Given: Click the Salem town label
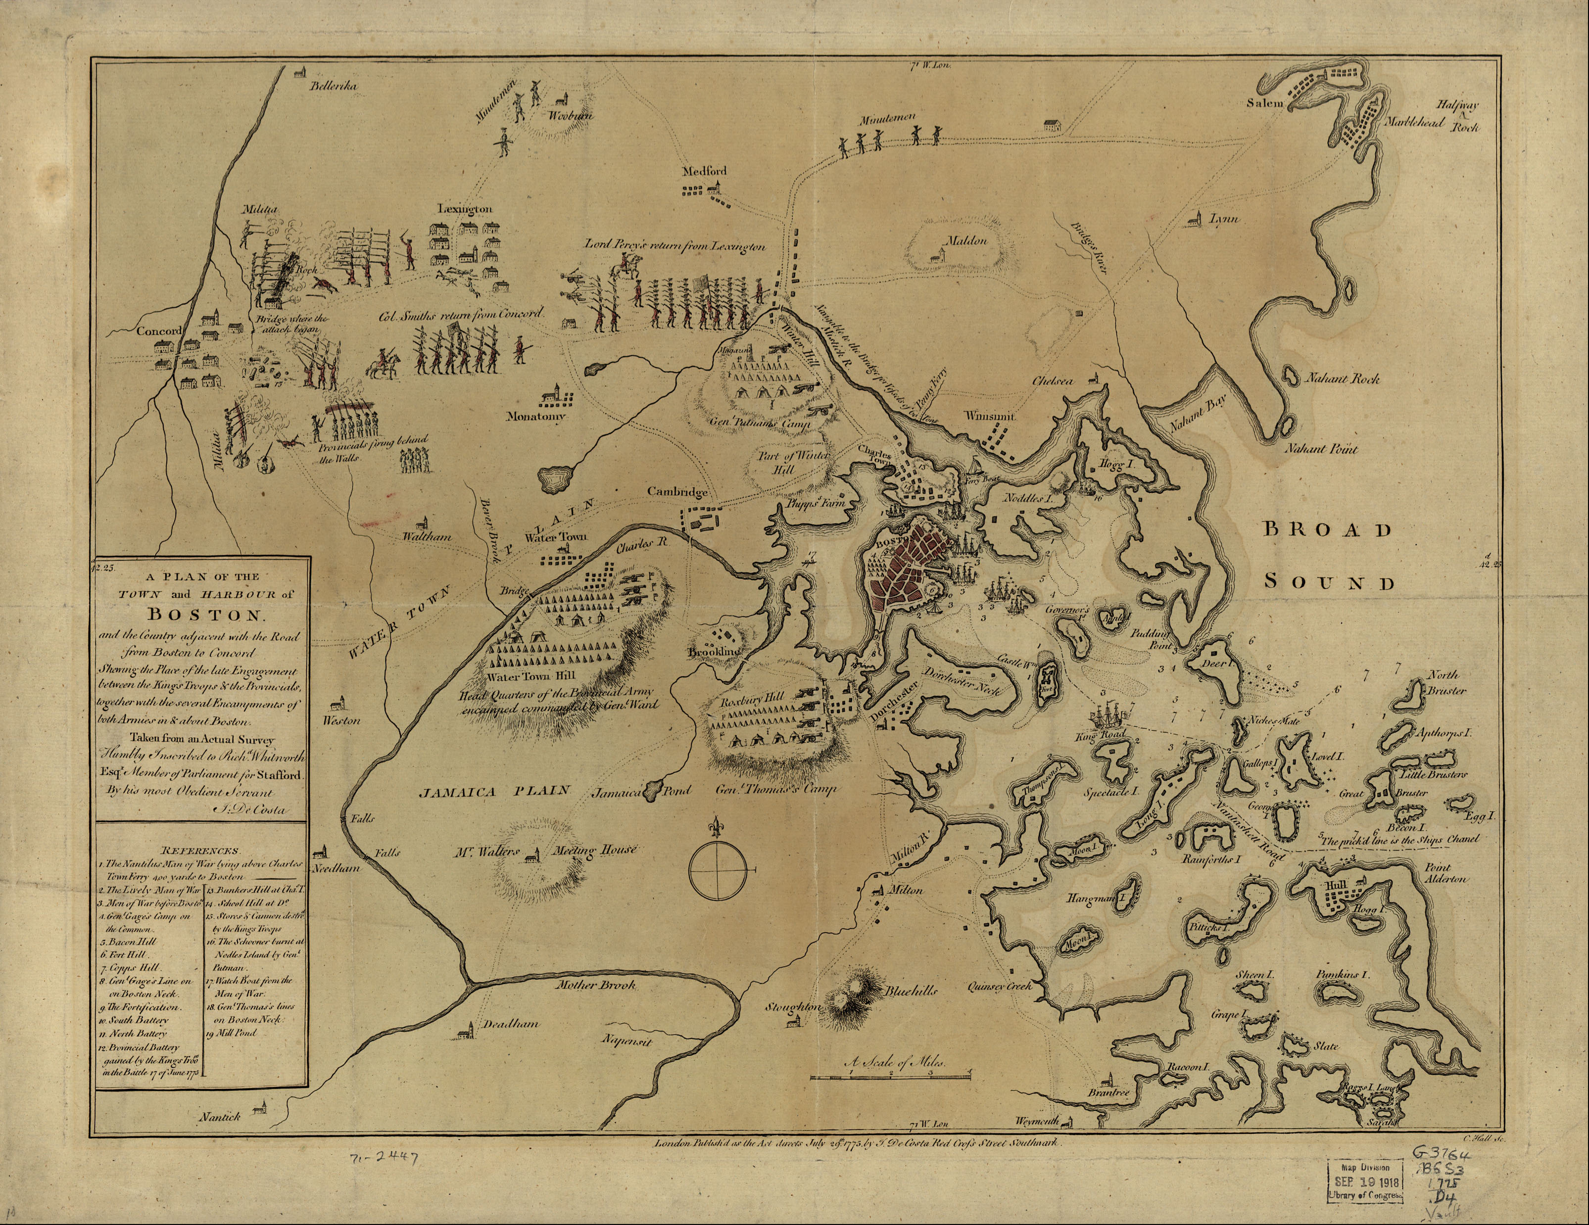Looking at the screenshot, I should [1262, 103].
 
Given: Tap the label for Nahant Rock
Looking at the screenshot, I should [1341, 379].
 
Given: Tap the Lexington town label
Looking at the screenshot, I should [464, 209].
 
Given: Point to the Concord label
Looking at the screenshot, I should [159, 331].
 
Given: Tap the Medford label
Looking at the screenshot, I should [704, 172].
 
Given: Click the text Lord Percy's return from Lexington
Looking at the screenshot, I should [675, 246].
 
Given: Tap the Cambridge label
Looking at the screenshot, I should [677, 492].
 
